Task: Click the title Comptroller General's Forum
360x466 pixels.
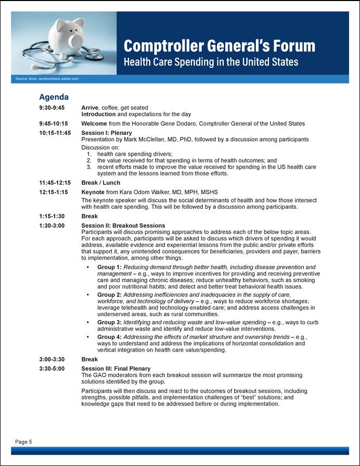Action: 219,46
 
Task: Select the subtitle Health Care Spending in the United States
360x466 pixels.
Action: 211,62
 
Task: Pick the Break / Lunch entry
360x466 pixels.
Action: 101,183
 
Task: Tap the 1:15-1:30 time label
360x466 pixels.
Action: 52,216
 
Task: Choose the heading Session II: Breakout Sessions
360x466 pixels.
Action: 123,225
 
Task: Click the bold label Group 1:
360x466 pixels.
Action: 109,267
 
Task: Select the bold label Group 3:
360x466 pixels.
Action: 109,322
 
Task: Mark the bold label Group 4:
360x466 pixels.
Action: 109,337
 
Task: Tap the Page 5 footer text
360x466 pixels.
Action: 23,442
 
